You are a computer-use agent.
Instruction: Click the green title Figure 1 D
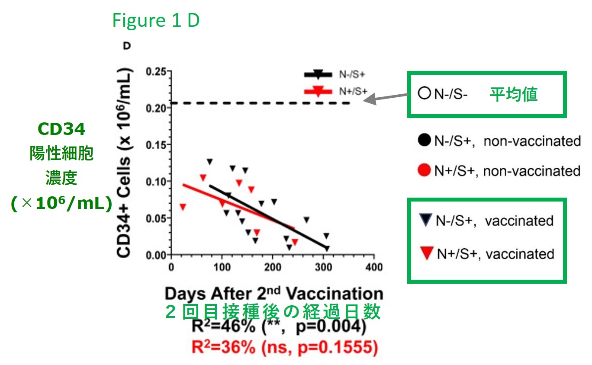coord(156,21)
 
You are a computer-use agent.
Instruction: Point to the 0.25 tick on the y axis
coord(158,71)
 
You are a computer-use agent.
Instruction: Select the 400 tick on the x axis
coord(373,267)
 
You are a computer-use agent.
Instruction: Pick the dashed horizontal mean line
coord(260,103)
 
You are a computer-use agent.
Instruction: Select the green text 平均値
coord(513,94)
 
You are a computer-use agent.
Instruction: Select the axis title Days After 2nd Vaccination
coord(273,294)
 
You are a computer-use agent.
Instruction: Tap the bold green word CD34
coord(61,128)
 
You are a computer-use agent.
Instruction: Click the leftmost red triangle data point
coord(183,207)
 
